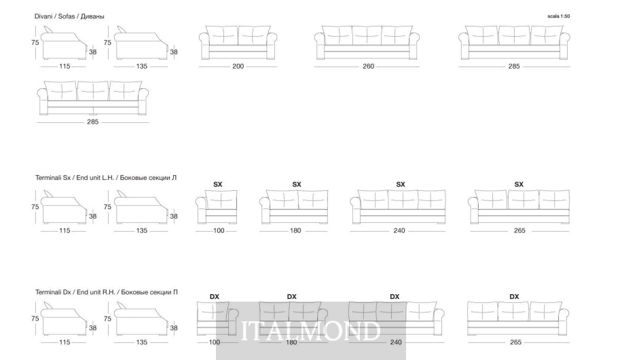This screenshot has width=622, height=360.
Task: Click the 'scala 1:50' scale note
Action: point(559,16)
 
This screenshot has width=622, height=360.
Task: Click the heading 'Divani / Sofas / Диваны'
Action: point(69,16)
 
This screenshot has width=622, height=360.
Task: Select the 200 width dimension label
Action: point(238,67)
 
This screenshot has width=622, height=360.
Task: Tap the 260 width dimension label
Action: point(368,67)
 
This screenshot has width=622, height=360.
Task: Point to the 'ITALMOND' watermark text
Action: point(311,331)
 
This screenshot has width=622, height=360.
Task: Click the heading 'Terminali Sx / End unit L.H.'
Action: point(75,178)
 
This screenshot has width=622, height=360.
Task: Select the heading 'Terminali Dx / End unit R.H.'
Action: point(75,292)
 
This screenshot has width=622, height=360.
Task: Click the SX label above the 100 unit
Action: point(218,185)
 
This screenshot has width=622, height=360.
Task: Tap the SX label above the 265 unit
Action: point(519,185)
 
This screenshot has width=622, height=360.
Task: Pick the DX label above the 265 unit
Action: point(514,297)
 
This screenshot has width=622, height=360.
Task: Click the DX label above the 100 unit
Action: point(214,297)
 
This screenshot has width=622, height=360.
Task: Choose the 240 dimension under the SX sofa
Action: point(399,231)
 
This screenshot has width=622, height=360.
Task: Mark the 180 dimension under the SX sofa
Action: point(295,231)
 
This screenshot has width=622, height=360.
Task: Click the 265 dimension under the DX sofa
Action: point(515,342)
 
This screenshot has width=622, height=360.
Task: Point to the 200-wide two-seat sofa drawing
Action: point(238,43)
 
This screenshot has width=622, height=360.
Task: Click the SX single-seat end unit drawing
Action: point(217,206)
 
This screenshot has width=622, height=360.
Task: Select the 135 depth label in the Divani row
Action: point(142,67)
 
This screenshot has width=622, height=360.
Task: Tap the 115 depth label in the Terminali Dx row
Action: point(65,342)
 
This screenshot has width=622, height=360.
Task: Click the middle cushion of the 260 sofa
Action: point(367,36)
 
